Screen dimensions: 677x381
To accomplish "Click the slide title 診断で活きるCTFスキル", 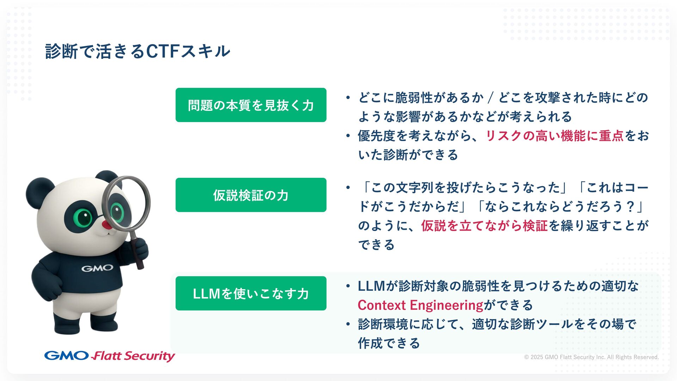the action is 138,51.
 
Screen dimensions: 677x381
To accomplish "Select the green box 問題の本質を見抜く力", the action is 251,105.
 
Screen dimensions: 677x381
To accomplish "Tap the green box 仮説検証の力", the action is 251,195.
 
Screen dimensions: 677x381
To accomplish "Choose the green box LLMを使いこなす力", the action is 251,294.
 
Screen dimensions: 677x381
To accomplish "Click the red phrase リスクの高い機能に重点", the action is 555,136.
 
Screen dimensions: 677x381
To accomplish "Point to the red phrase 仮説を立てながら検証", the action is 484,226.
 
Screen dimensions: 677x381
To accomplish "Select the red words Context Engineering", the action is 420,305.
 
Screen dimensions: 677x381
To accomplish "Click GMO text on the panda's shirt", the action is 97,268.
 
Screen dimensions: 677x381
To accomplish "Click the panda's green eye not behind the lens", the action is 84,217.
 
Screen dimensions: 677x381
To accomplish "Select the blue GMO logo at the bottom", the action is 66,356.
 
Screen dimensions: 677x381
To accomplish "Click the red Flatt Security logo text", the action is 133,356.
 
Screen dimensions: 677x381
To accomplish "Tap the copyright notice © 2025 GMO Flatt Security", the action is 591,357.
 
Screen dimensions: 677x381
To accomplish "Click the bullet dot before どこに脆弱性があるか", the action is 348,98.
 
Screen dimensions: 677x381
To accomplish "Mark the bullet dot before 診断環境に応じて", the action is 348,324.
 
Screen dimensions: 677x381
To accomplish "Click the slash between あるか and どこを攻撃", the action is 490,98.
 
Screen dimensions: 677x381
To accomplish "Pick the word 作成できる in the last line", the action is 389,343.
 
